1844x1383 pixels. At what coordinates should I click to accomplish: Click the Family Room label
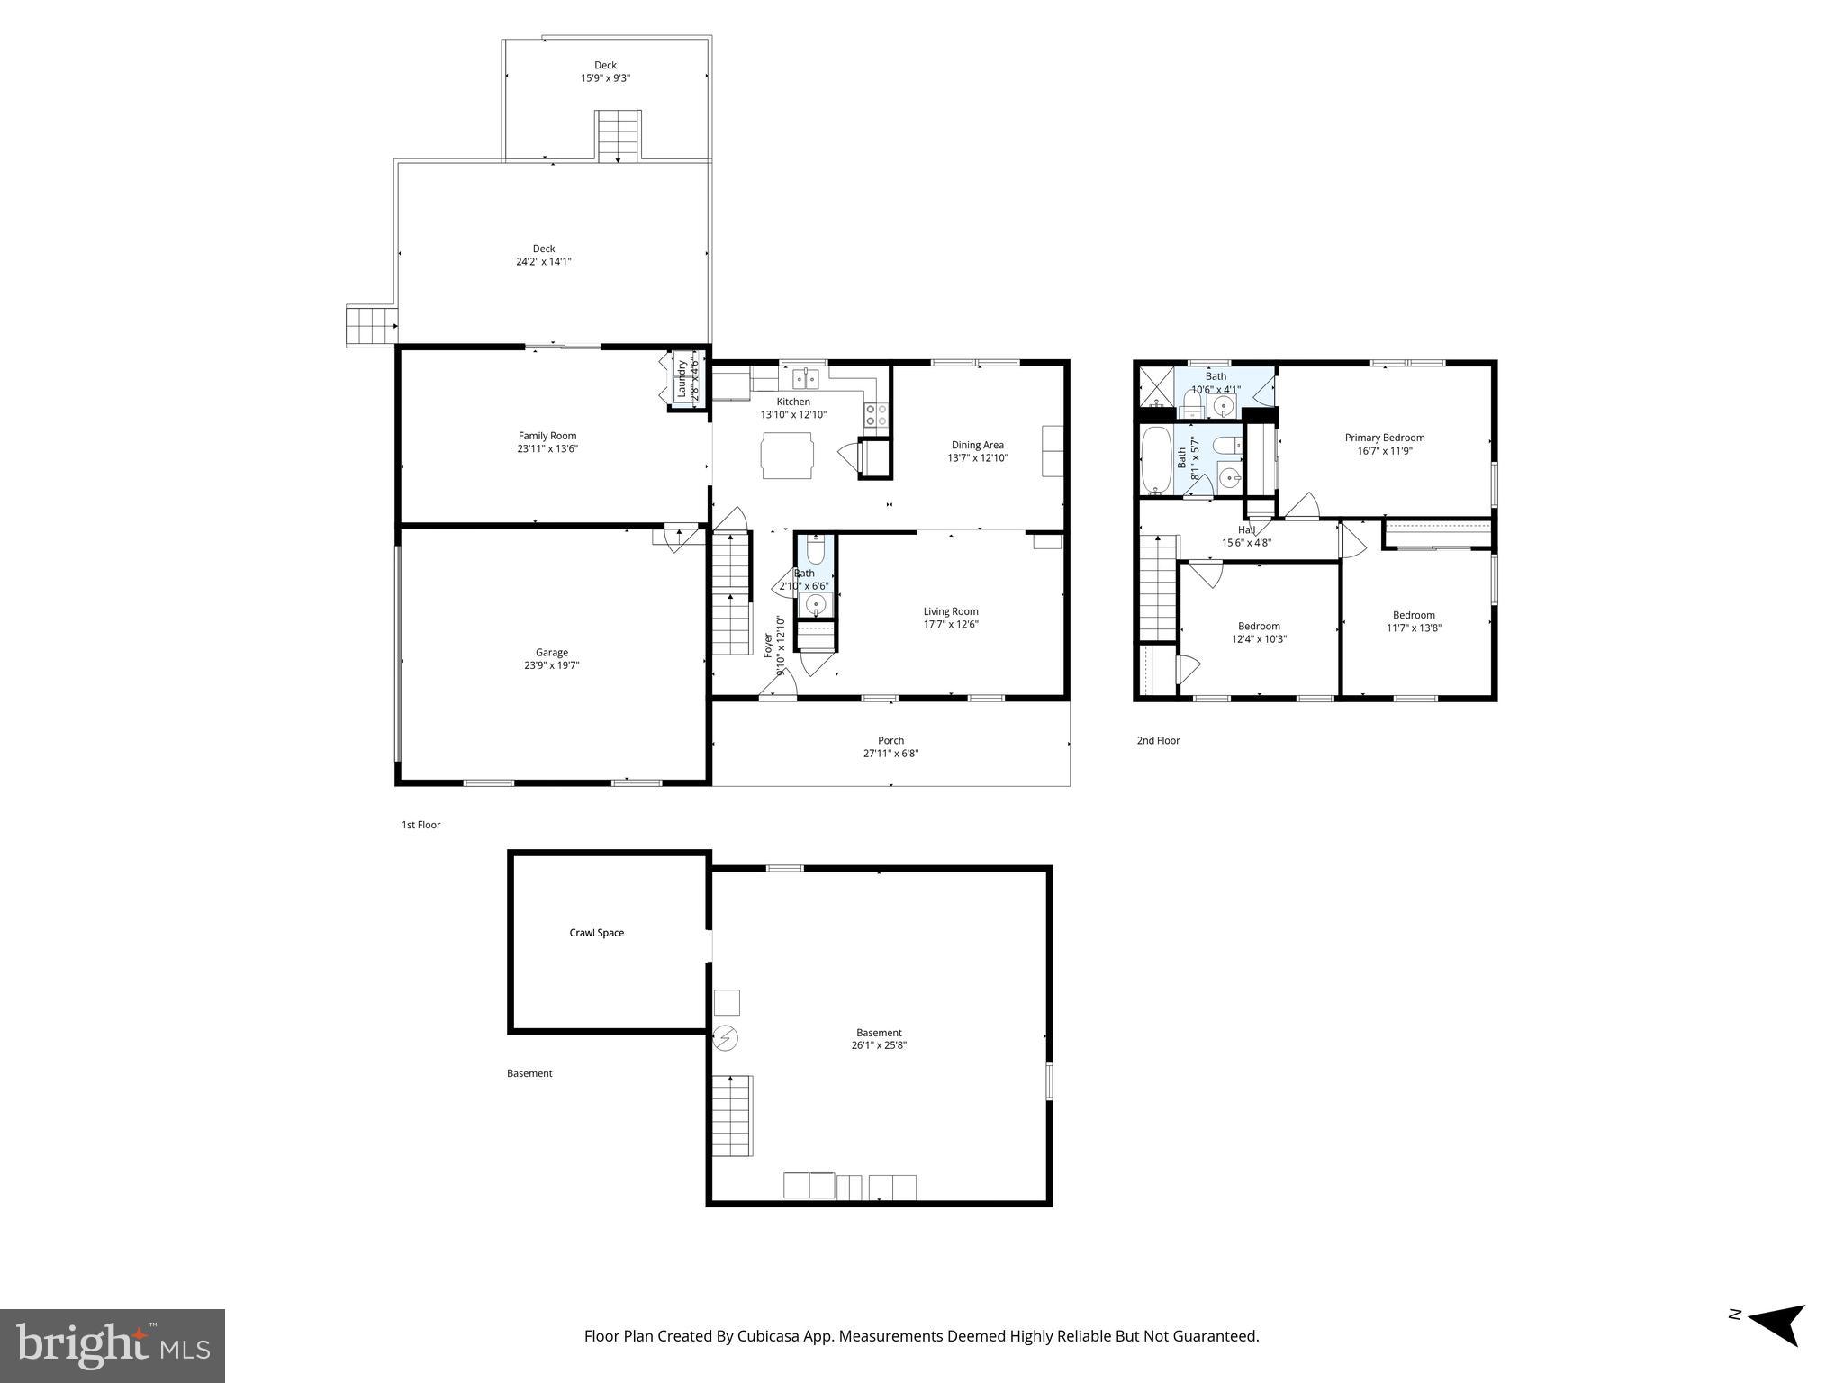[x=547, y=436]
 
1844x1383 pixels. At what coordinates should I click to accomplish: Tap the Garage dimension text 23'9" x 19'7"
[x=551, y=665]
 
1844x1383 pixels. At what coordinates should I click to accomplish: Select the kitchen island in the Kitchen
[x=787, y=455]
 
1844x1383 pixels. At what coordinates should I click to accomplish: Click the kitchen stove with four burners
[x=876, y=414]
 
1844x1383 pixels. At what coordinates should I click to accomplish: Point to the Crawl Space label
[x=596, y=933]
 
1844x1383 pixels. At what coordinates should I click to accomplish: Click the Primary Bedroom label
[x=1384, y=438]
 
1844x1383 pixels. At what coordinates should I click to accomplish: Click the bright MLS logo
[x=113, y=1345]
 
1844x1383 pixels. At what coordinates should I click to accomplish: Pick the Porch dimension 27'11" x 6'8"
[x=890, y=754]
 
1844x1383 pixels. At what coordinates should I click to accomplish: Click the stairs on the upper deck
[x=618, y=136]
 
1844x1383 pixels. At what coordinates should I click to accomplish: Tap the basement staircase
[x=732, y=1116]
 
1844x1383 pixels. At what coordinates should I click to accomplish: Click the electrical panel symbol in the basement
[x=726, y=1039]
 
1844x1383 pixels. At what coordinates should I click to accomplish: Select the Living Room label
[x=950, y=611]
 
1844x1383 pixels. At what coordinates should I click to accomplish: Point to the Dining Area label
[x=977, y=445]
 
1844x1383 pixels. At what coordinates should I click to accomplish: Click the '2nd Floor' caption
[x=1158, y=740]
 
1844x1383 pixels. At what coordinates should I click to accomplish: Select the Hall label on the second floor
[x=1246, y=530]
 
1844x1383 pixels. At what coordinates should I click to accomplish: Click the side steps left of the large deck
[x=371, y=326]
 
